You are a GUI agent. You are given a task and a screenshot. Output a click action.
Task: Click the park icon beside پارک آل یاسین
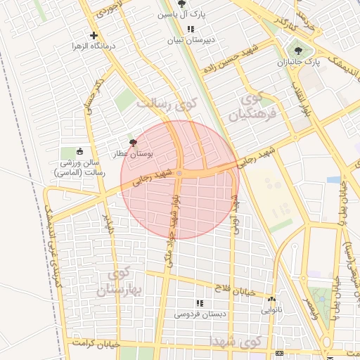click(x=183, y=4)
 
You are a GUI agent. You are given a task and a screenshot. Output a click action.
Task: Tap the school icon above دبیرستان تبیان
click(x=191, y=29)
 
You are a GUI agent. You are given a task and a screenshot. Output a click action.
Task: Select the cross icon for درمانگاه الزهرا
click(x=94, y=35)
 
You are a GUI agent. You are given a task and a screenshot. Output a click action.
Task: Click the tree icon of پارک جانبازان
click(x=299, y=50)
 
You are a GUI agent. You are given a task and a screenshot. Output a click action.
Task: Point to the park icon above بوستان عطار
click(x=134, y=142)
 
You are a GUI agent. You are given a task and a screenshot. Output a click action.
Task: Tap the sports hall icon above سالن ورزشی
click(x=79, y=152)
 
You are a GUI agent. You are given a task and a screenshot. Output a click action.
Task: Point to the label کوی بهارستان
click(x=127, y=281)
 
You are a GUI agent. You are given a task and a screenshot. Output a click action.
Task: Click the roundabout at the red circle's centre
click(x=180, y=173)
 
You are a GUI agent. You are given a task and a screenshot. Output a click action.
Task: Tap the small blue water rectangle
click(x=334, y=180)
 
